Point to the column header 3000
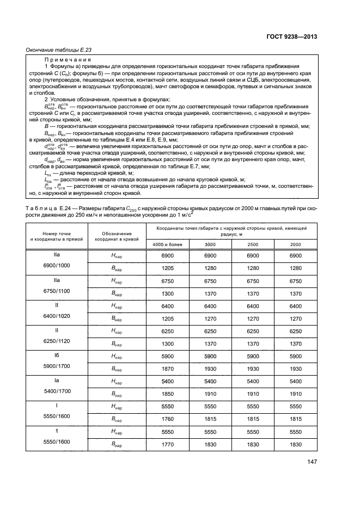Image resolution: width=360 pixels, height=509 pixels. tap(210, 244)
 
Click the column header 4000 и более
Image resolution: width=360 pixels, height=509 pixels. tap(168, 244)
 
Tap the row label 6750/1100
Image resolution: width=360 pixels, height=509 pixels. tap(57, 290)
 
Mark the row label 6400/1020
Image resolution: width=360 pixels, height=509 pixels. tap(57, 316)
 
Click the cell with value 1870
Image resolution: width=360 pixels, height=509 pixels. tap(168, 369)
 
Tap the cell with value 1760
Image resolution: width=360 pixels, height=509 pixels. tap(168, 419)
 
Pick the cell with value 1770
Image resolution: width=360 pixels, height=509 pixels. tap(168, 445)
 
